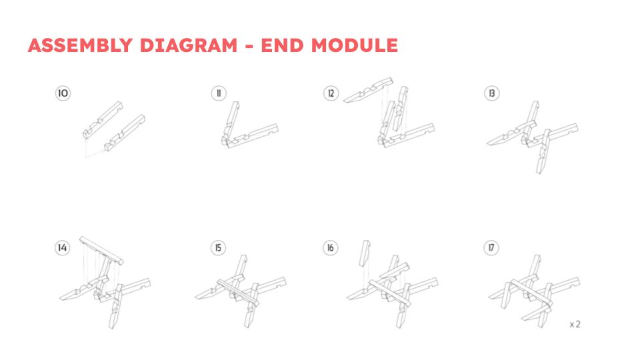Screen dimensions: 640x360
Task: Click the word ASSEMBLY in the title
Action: (81, 45)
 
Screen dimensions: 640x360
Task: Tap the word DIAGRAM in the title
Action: (189, 45)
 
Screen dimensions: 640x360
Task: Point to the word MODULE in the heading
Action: (354, 45)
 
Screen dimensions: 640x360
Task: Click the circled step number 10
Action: (63, 93)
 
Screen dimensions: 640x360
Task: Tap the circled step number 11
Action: (219, 93)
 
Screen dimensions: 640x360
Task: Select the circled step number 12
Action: (331, 93)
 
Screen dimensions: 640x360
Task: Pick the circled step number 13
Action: (492, 93)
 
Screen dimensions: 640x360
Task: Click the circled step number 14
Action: (63, 247)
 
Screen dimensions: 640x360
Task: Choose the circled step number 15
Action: (219, 247)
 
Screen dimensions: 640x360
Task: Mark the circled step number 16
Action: (331, 247)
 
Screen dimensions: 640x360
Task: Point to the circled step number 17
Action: (491, 247)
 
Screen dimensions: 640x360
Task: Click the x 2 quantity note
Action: (575, 324)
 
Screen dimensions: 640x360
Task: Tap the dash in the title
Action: (249, 46)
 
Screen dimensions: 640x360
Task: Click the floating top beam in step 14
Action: (101, 250)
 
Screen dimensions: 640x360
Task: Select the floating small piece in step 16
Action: (365, 253)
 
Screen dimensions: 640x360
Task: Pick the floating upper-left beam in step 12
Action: (369, 89)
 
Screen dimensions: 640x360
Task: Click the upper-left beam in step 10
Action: (103, 119)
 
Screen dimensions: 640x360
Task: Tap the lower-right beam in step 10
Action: (125, 133)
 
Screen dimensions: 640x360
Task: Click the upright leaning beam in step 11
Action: (231, 121)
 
